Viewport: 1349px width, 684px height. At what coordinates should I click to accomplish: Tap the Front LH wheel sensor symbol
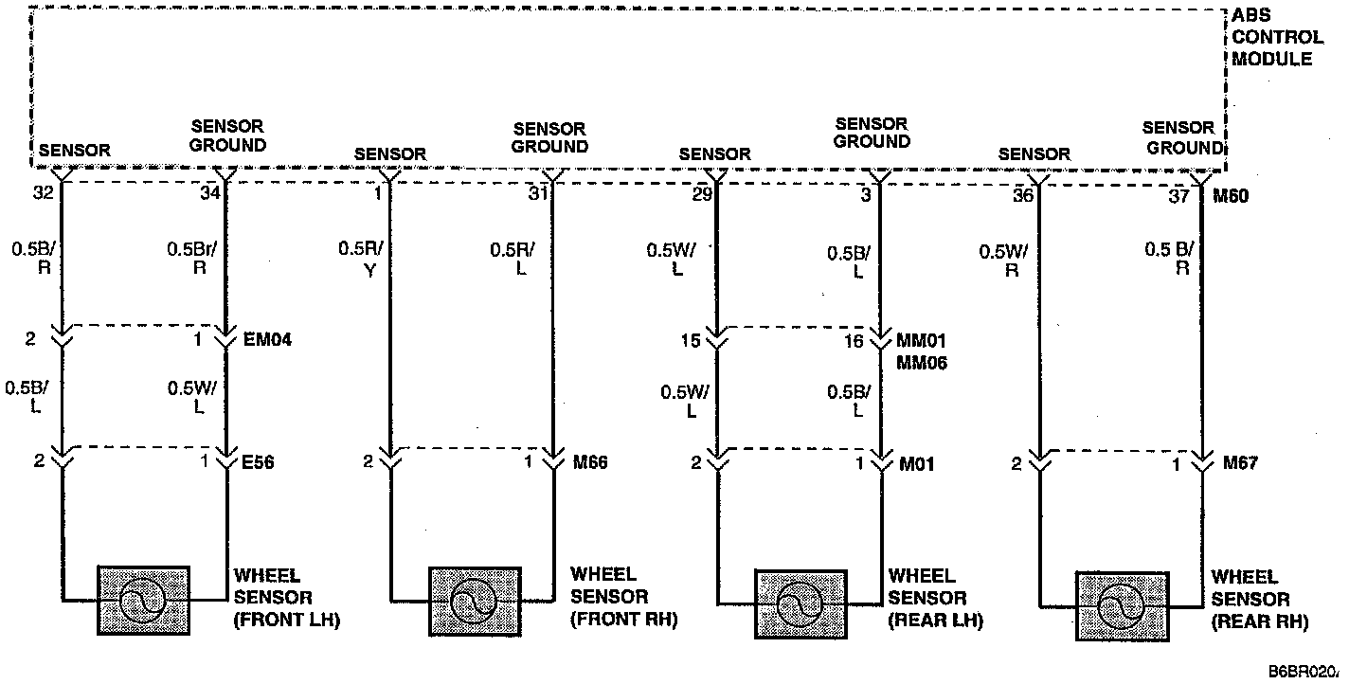144,600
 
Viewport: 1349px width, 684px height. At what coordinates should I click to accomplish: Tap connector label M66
590,462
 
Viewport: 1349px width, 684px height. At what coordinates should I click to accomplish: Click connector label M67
1241,463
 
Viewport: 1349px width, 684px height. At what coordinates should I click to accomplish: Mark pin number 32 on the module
43,194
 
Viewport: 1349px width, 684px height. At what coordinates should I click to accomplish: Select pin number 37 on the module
1178,196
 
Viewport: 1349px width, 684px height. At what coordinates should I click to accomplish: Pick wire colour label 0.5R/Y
361,259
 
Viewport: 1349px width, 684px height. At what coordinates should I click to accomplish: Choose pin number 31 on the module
538,195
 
